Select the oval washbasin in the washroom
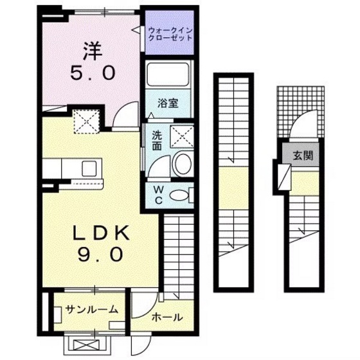(x=182, y=164)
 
